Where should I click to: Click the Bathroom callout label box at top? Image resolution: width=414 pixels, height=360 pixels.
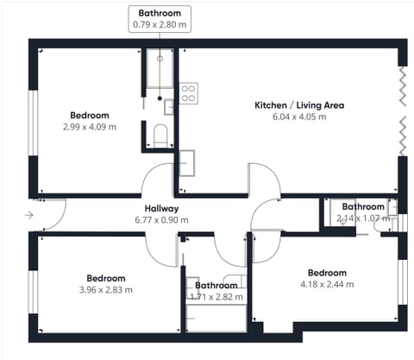[x=160, y=19]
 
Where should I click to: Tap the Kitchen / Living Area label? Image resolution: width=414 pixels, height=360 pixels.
[x=299, y=105]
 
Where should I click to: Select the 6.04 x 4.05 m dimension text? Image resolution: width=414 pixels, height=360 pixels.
[x=299, y=117]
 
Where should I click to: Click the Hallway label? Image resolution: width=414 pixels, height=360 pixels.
[x=161, y=208]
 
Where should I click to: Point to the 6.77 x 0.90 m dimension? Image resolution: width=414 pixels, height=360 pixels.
[x=161, y=220]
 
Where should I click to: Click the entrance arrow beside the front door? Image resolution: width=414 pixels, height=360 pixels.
[x=29, y=215]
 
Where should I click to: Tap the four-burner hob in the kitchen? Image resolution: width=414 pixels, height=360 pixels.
[x=189, y=93]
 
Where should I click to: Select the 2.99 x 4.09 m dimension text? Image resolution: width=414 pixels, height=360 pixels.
[x=90, y=127]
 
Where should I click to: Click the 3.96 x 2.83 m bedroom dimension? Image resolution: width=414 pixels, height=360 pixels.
[x=106, y=290]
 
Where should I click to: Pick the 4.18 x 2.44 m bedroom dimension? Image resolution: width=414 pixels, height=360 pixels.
[x=327, y=284]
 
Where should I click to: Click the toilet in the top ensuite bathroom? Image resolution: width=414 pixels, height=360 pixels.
[x=160, y=136]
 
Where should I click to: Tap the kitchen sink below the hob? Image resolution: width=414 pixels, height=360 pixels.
[x=187, y=163]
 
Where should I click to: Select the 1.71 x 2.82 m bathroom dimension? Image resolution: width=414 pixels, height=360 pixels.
[x=216, y=297]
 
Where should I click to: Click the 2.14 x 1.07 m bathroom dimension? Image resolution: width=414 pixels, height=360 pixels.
[x=363, y=218]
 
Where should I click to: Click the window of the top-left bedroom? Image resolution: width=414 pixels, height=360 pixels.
[x=33, y=123]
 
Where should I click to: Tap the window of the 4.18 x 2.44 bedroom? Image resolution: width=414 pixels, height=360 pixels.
[x=403, y=282]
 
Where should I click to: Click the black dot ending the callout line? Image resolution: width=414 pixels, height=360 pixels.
[x=160, y=98]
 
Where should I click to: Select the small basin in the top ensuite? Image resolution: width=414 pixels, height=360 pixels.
[x=168, y=107]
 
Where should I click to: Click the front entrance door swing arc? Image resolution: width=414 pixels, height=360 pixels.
[x=60, y=218]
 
